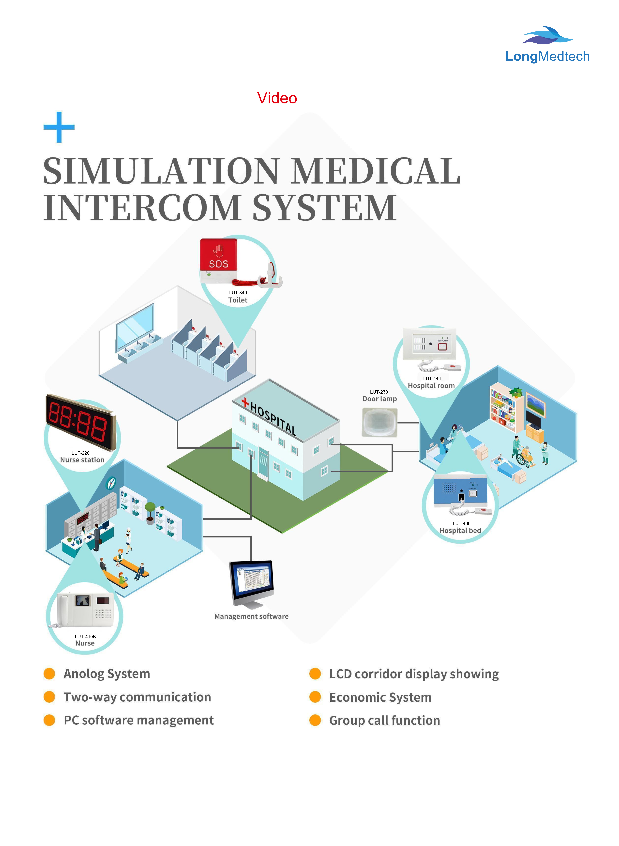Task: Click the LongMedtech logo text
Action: pyautogui.click(x=547, y=57)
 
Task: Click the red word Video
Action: pyautogui.click(x=277, y=98)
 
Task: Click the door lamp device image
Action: pyautogui.click(x=379, y=422)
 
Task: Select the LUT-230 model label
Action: pyautogui.click(x=379, y=392)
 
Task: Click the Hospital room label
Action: pyautogui.click(x=431, y=386)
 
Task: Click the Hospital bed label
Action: pyautogui.click(x=460, y=531)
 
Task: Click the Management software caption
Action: pyautogui.click(x=251, y=616)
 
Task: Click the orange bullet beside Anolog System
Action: pyautogui.click(x=49, y=674)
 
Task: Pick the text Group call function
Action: pyautogui.click(x=384, y=720)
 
